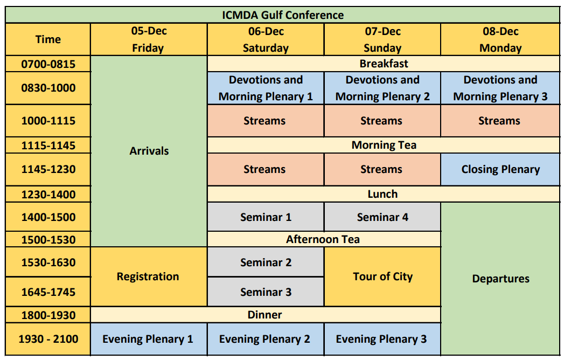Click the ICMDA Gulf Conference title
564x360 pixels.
coord(283,15)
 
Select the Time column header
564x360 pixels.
coord(48,39)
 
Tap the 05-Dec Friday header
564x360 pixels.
coord(149,39)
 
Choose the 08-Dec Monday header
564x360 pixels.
coord(500,39)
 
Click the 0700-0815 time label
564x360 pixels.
coord(48,64)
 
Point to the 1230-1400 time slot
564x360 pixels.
coord(48,194)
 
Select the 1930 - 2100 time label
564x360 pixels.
coord(48,339)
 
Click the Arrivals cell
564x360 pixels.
coord(149,151)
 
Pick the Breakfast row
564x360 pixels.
coord(384,64)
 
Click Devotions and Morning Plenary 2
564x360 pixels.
coord(382,88)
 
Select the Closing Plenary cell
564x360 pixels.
coord(500,169)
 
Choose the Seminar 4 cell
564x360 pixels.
coord(382,217)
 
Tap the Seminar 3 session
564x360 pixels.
coord(266,292)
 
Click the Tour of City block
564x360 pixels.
coord(382,276)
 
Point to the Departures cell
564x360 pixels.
coord(500,279)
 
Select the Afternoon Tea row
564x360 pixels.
coord(324,239)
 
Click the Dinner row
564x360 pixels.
coord(266,315)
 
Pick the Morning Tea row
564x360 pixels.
coord(384,145)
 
